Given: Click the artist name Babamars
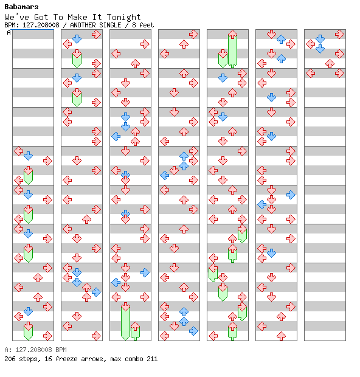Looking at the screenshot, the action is [x=21, y=7].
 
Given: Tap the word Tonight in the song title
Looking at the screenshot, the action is [x=123, y=17].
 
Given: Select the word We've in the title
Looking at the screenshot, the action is [x=17, y=17].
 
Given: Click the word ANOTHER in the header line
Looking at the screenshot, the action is [x=83, y=25].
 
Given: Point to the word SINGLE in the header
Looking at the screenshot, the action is [x=110, y=25].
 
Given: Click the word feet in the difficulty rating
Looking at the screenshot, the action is [x=147, y=25].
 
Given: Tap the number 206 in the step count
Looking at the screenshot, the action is [x=10, y=359].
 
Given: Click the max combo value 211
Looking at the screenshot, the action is [x=152, y=359].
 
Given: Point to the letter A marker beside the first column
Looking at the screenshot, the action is [x=9, y=32].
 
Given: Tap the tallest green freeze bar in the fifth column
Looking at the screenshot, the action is [x=232, y=49].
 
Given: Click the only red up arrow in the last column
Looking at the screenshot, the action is [x=330, y=64].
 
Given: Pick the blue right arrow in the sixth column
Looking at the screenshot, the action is [x=291, y=195].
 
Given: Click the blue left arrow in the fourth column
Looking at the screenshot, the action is [x=164, y=175].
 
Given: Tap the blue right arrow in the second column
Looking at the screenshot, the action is [x=96, y=292].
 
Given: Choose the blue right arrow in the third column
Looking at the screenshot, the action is [x=145, y=272].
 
